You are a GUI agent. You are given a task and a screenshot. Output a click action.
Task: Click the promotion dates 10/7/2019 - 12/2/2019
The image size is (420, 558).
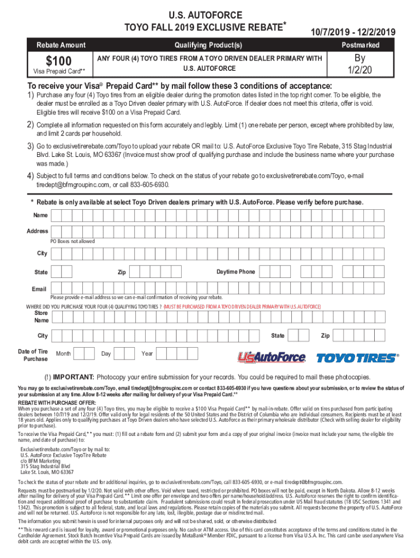(353, 32)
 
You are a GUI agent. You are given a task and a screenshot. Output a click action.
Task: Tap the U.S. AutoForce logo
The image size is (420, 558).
(271, 357)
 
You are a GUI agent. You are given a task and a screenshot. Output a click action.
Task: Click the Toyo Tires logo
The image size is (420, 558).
(358, 358)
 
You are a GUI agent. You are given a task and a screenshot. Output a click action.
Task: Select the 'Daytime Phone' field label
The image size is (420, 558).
(235, 271)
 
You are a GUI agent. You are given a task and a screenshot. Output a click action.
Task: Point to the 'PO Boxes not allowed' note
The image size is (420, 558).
(73, 241)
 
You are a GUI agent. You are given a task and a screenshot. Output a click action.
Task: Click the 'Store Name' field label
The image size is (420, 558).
(41, 317)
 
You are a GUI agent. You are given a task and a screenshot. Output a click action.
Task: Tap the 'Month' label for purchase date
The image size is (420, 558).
(63, 354)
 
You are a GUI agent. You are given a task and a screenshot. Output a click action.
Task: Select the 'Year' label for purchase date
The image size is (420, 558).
(147, 354)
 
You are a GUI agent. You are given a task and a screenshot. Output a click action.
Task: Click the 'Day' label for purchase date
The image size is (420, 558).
(106, 354)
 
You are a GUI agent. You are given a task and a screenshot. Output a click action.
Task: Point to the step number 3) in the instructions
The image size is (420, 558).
(31, 147)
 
